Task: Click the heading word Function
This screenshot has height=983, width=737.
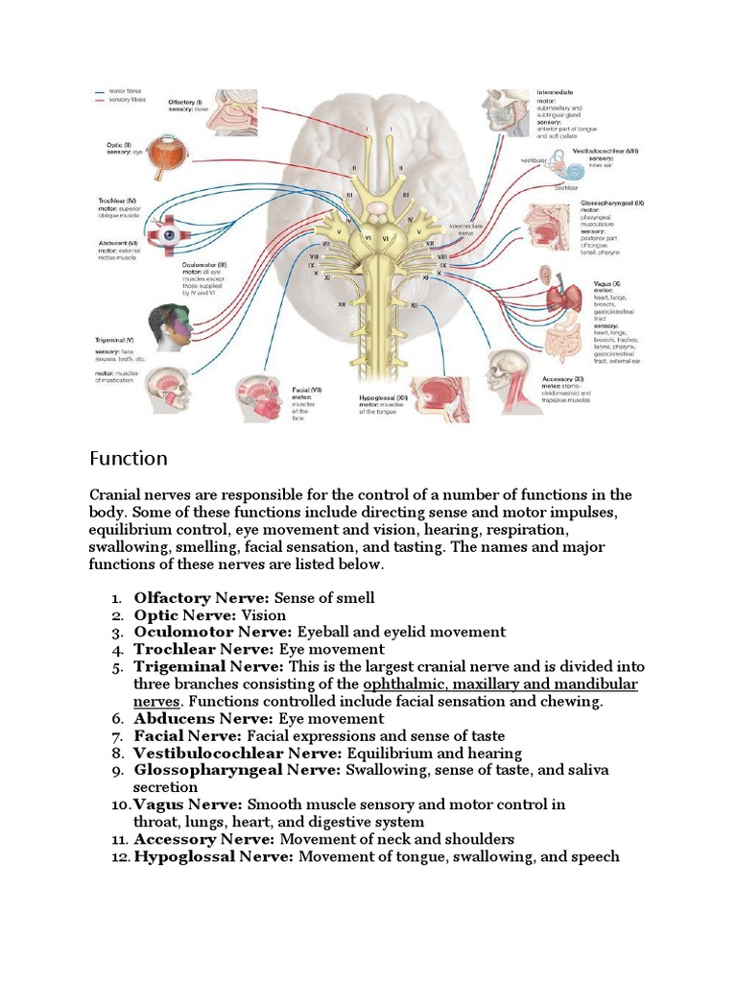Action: (x=129, y=458)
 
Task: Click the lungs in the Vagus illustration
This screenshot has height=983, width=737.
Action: (x=563, y=297)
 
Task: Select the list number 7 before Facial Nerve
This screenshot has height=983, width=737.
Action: (x=117, y=736)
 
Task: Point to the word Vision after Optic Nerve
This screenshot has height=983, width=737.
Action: (x=264, y=615)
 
